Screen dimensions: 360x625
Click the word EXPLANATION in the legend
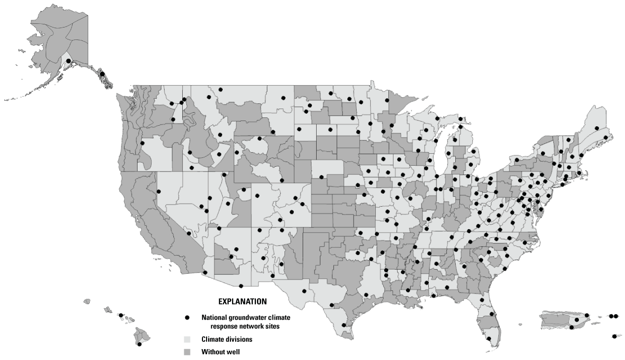242,301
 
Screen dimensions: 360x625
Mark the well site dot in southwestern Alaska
69,61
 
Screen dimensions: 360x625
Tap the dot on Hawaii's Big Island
139,344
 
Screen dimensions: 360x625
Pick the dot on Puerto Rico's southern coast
572,327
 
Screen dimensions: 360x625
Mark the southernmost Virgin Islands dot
614,336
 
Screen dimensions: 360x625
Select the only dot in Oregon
142,143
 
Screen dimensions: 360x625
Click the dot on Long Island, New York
564,179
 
